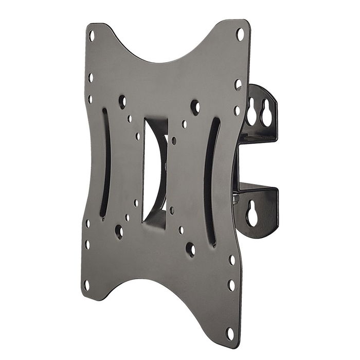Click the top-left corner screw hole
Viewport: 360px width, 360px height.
click(x=92, y=35)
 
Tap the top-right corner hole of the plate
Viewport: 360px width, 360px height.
click(x=239, y=34)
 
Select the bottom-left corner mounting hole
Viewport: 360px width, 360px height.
click(x=86, y=283)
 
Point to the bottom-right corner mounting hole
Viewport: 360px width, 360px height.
click(x=229, y=333)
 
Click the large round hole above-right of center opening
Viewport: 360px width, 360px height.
click(x=195, y=107)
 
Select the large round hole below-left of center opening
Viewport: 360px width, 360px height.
click(x=119, y=231)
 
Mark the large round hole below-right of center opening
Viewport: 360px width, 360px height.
click(x=190, y=250)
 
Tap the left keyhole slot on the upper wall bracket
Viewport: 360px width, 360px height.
click(x=252, y=113)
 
